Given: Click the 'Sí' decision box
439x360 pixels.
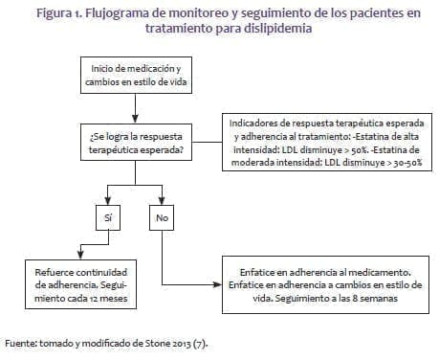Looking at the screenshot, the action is click(x=108, y=217).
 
